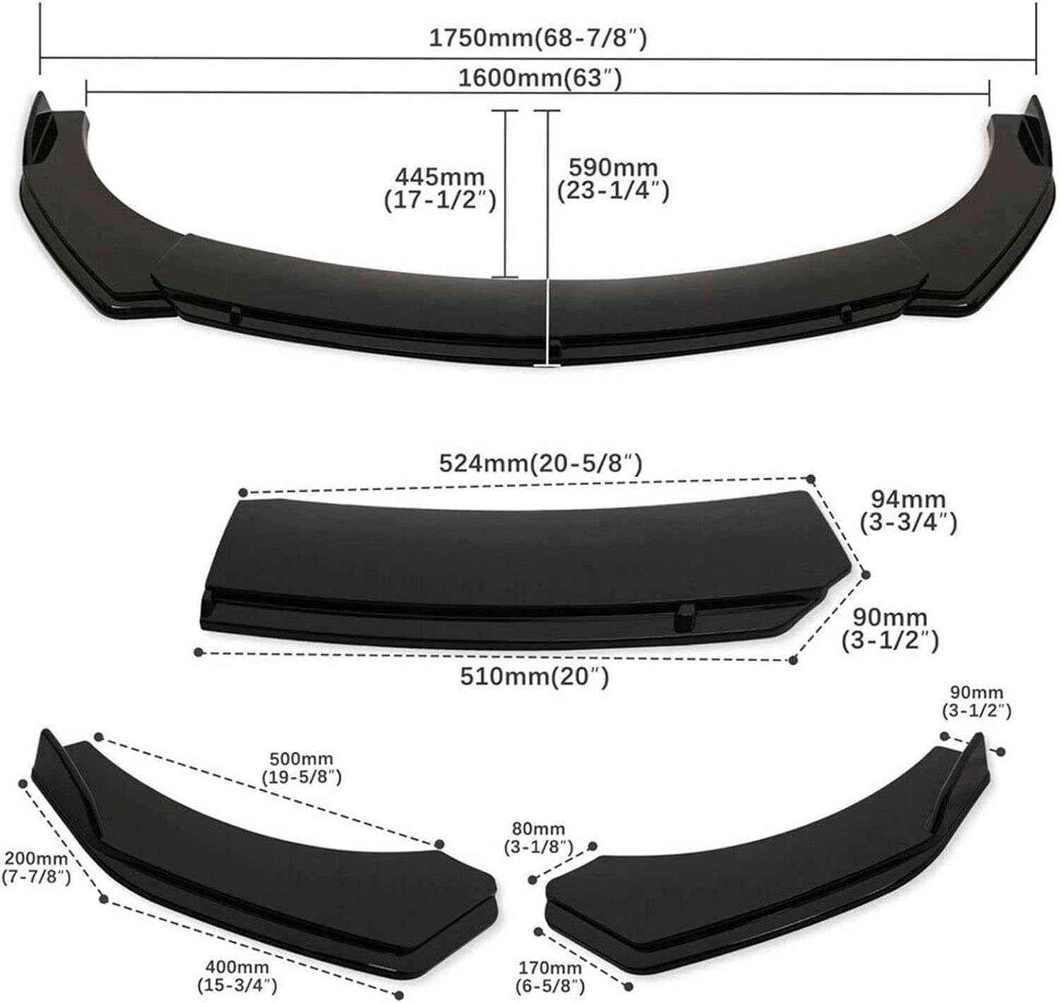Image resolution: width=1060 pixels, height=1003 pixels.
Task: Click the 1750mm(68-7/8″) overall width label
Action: pos(538,39)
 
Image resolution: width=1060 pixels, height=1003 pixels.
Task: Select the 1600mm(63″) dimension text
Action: pos(540,78)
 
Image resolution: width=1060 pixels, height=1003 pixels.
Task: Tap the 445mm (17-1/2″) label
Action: pos(440,189)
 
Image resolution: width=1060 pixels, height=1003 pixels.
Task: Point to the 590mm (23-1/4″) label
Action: pos(613,179)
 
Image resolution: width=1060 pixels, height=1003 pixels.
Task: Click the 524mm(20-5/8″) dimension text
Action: pos(540,463)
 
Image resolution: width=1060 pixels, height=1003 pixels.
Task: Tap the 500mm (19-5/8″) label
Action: pos(302,768)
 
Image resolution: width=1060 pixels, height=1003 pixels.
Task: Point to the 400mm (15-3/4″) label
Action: pos(237,960)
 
